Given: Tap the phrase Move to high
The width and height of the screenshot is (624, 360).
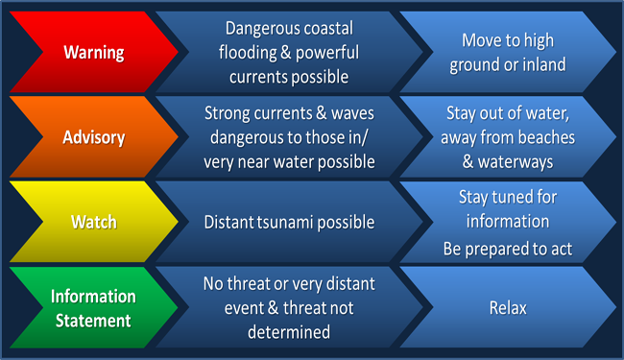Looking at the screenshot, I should pos(508,40).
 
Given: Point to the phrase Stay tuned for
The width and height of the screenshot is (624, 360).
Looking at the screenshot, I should pos(506,197).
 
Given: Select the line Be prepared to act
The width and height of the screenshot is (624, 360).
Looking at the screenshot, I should pos(506,249).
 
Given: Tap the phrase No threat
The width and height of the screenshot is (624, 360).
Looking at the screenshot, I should pos(234,284).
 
